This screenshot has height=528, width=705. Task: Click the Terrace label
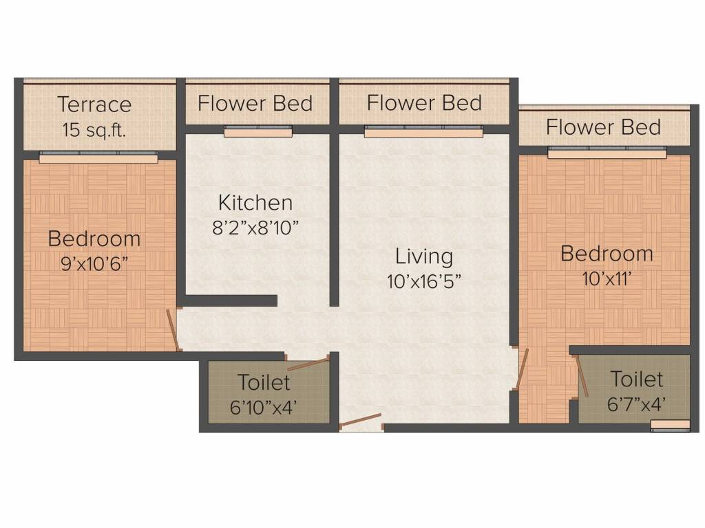(x=94, y=104)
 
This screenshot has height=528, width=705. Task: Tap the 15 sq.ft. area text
(x=94, y=130)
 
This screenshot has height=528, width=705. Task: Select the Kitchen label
(x=255, y=203)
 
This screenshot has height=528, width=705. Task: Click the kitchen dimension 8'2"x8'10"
(x=255, y=228)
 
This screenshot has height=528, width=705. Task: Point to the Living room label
(x=424, y=257)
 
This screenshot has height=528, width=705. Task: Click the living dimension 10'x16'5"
(x=424, y=281)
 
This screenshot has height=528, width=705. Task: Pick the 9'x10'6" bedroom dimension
(x=94, y=263)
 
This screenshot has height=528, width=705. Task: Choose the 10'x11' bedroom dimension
(x=607, y=279)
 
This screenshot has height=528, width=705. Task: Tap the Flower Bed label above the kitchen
(x=255, y=103)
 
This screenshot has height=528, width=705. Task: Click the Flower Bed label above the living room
(x=424, y=102)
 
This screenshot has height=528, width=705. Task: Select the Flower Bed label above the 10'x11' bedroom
(x=603, y=126)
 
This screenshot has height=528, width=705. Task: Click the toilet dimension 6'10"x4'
(x=263, y=407)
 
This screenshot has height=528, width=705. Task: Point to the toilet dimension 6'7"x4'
(x=636, y=404)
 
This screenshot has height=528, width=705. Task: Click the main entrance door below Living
(x=361, y=421)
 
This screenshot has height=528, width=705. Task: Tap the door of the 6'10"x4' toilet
(x=308, y=364)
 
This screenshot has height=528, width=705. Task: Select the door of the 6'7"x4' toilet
(x=582, y=376)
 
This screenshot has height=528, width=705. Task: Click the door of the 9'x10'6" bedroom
(x=173, y=329)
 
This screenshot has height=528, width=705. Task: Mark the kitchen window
(x=258, y=131)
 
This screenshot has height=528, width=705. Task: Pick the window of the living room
(x=423, y=131)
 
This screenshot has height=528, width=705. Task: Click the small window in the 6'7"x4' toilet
(x=670, y=426)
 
